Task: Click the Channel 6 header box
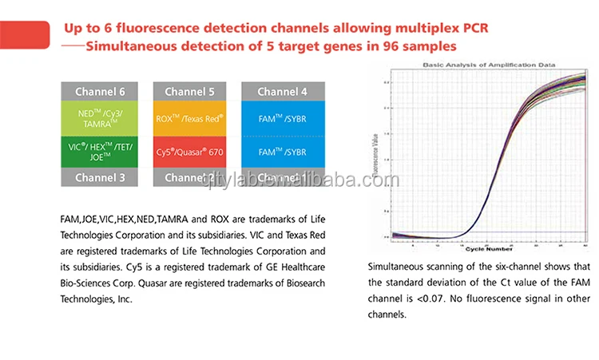[100, 91]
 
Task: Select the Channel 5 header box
[189, 91]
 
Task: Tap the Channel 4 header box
[282, 91]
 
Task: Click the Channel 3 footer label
[100, 178]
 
